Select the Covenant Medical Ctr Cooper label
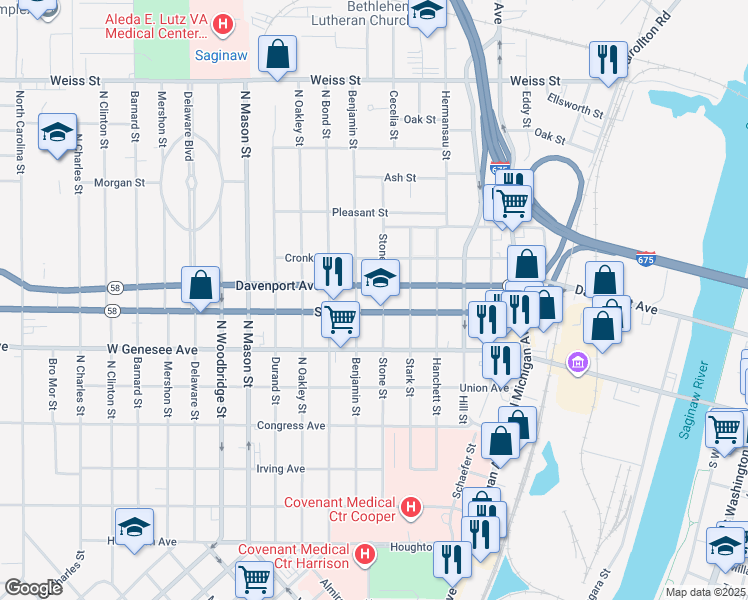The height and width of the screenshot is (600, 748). point(340,510)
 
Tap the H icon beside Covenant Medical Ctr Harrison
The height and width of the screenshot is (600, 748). point(365,552)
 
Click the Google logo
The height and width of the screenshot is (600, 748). point(33,587)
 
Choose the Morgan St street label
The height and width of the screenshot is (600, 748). point(120,183)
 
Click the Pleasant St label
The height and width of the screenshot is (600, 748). point(360,213)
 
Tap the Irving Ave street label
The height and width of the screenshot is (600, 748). point(280,468)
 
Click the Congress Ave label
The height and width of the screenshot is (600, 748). point(291,425)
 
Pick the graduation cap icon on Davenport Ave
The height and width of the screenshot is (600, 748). point(380,280)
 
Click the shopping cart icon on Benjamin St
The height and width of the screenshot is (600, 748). point(341,319)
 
